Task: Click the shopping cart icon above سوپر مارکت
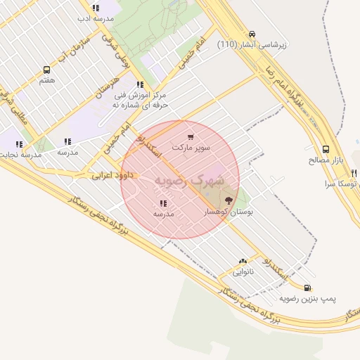point(191,137)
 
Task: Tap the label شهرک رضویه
point(191,180)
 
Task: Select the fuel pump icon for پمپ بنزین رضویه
point(307,287)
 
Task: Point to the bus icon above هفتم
point(47,70)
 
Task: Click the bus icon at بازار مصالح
point(326,149)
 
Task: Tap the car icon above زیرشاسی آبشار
point(252,34)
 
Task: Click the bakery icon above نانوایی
point(243,261)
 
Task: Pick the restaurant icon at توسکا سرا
point(354,173)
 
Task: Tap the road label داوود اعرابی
point(108,174)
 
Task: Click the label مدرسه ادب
point(96,19)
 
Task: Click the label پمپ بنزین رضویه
point(308,298)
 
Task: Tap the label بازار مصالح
point(326,160)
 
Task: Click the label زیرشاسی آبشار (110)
point(253,44)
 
